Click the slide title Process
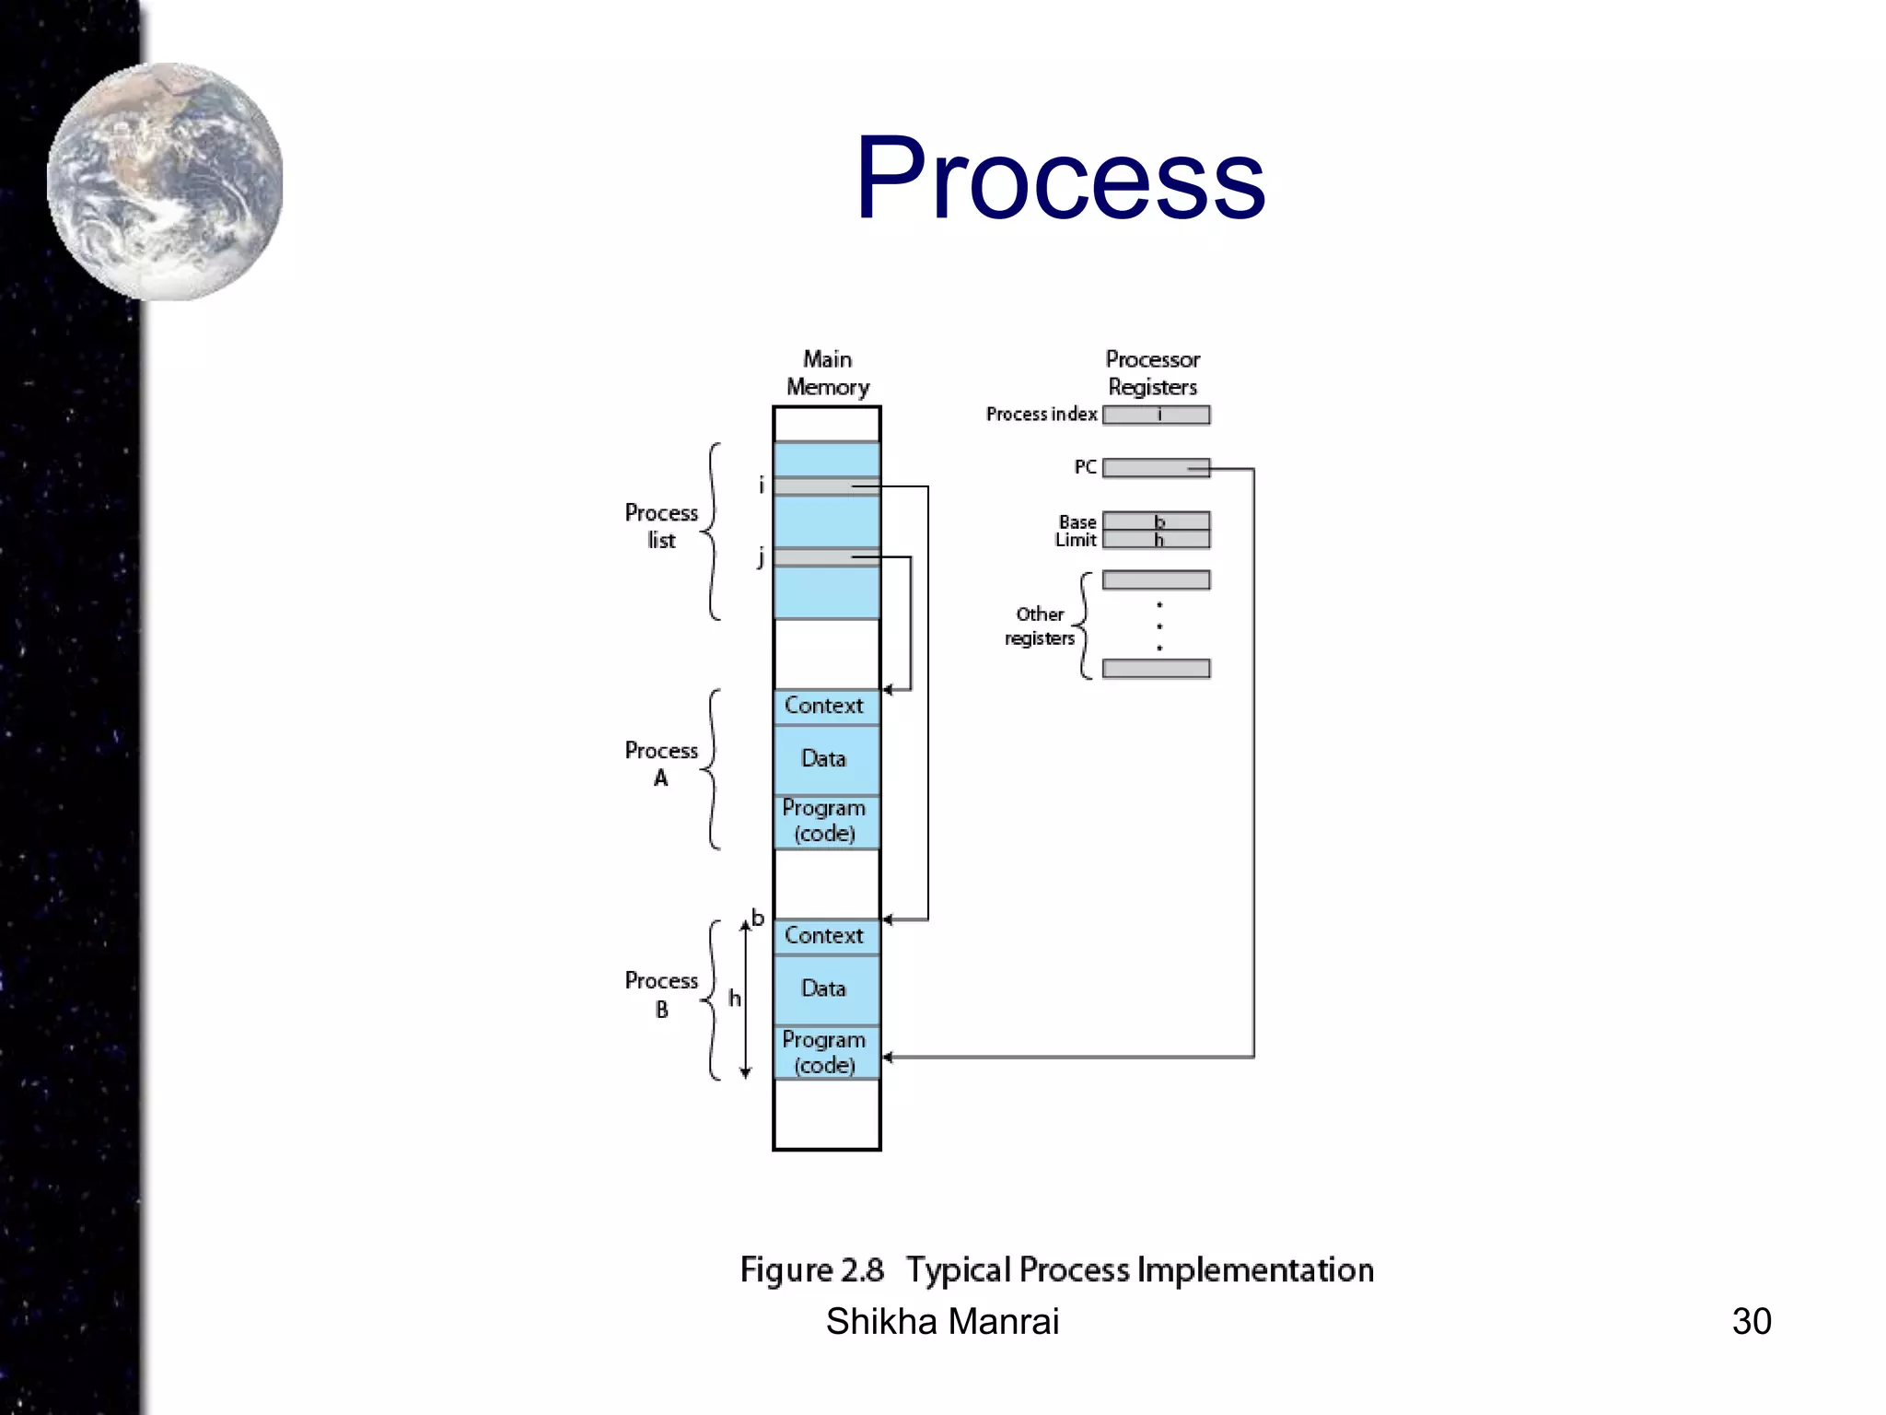click(1060, 178)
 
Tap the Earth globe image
click(165, 181)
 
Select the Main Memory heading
click(827, 373)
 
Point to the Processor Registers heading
click(1152, 373)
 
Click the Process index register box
click(1156, 415)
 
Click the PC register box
click(1156, 468)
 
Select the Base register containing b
click(1156, 521)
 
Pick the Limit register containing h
click(1156, 540)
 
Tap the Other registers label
click(1040, 626)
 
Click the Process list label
click(661, 526)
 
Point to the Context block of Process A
click(826, 706)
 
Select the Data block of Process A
click(826, 759)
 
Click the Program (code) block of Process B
click(826, 1052)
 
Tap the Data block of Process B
click(826, 988)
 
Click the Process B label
click(661, 995)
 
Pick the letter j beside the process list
click(761, 557)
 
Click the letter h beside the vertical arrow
click(734, 999)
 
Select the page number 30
click(1751, 1321)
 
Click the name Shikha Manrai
click(942, 1321)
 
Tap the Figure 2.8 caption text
click(1056, 1269)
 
